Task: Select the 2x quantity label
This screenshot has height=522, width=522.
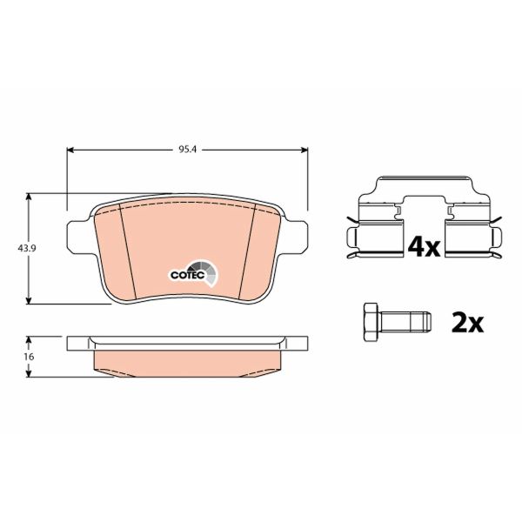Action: tap(467, 323)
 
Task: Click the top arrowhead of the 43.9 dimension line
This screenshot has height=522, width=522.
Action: tap(31, 197)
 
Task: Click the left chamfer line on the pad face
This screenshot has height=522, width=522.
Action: tap(125, 252)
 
